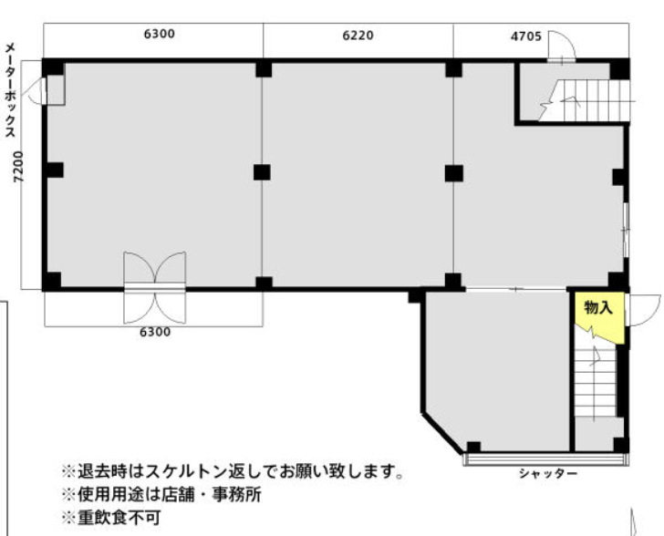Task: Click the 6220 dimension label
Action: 358,36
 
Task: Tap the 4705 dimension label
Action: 525,37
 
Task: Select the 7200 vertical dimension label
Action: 18,167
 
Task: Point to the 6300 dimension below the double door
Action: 154,332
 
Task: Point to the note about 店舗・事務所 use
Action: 161,495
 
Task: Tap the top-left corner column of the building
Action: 53,67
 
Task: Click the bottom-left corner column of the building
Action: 52,281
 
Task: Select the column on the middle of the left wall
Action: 53,170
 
